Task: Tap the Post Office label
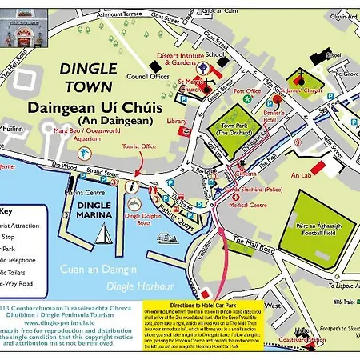click(x=248, y=91)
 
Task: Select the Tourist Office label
click(x=146, y=146)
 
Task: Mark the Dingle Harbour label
click(x=142, y=286)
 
